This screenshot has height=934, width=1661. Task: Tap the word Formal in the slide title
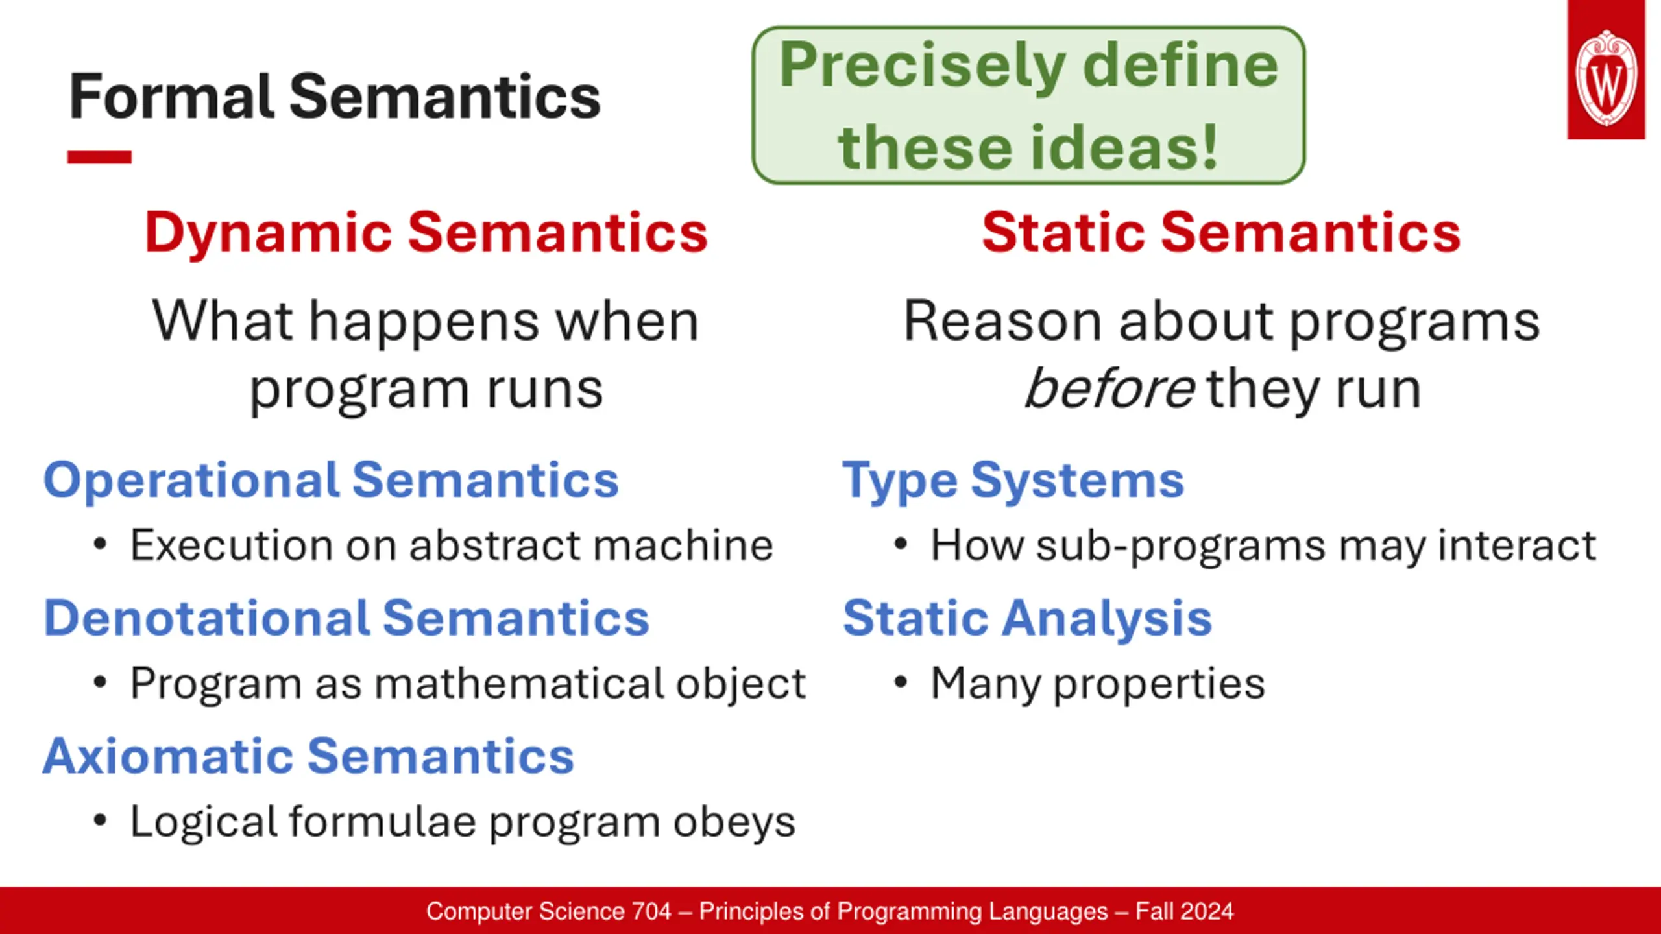click(x=172, y=97)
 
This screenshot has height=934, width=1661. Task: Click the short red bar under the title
click(x=99, y=157)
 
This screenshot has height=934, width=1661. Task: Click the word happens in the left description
click(x=424, y=322)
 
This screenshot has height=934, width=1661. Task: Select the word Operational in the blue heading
click(x=191, y=481)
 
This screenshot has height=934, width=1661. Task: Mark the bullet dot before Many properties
click(x=900, y=682)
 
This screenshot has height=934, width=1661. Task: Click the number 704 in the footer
click(x=651, y=911)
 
